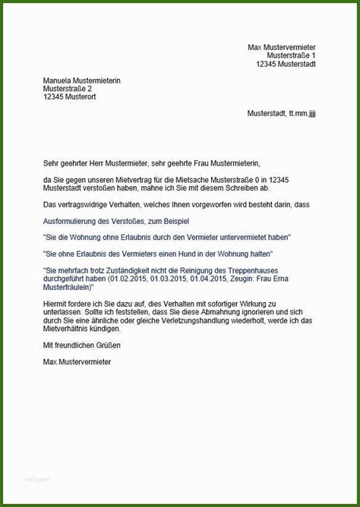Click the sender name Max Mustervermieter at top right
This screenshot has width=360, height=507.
[x=282, y=47]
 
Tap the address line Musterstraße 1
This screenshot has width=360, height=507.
[x=292, y=55]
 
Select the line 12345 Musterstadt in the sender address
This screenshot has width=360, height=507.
[x=286, y=64]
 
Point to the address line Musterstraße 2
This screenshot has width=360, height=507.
[x=70, y=89]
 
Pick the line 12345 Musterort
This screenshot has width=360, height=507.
[x=70, y=97]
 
